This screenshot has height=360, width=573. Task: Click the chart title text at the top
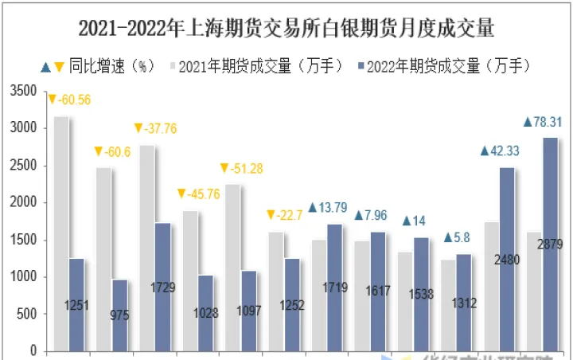pos(286,29)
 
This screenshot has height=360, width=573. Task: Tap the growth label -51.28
pos(248,168)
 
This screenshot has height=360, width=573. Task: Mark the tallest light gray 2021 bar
pos(60,231)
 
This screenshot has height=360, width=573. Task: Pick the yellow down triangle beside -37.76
pos(138,128)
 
